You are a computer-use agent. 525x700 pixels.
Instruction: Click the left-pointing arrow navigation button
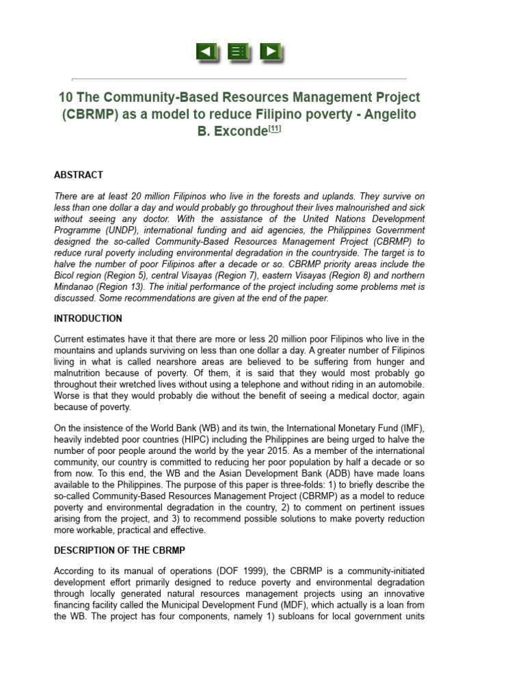(x=207, y=52)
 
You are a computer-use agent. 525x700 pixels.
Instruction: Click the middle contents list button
(x=239, y=52)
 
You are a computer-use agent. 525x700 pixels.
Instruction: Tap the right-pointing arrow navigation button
(x=271, y=52)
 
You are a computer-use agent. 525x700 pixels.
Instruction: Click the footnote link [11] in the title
(x=274, y=129)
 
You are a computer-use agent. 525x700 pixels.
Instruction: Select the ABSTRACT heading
(x=79, y=175)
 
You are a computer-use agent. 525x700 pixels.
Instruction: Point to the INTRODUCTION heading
(x=88, y=319)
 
